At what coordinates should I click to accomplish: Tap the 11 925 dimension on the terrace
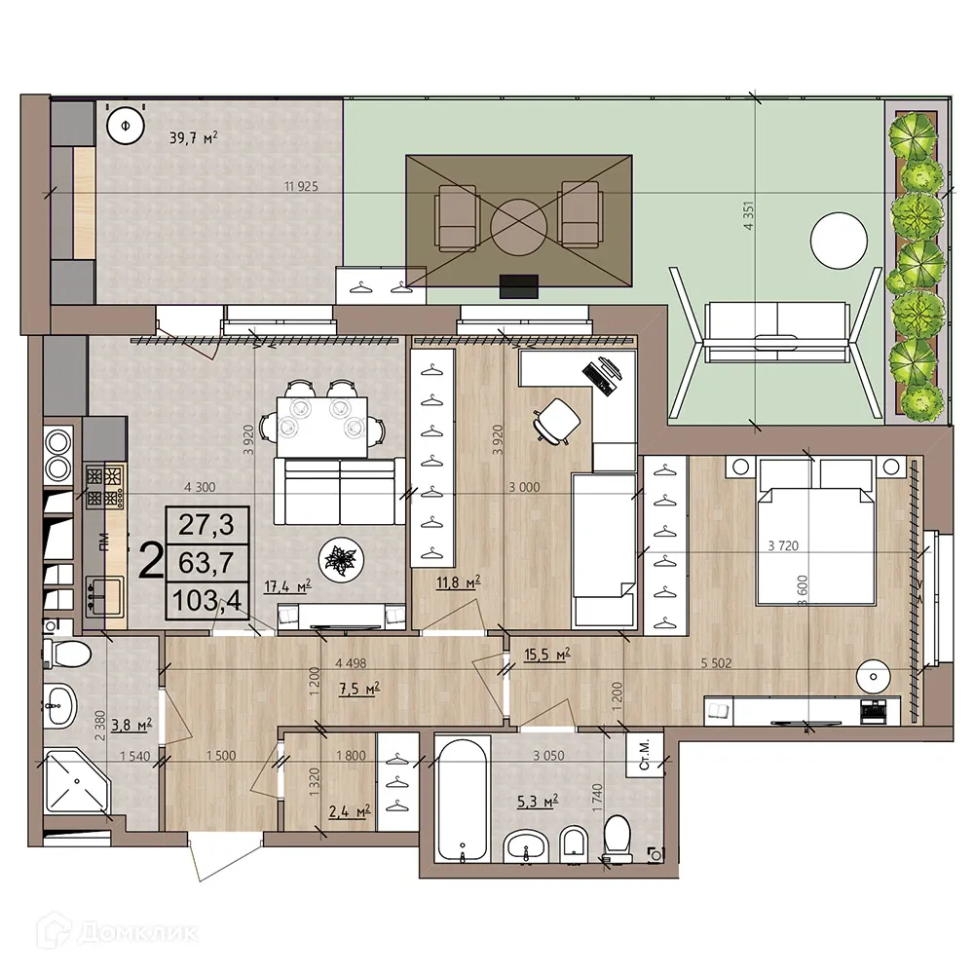coord(301,185)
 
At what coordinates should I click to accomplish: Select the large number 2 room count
coord(151,561)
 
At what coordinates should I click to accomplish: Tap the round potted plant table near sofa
coord(344,560)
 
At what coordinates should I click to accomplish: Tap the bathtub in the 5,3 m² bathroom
coord(457,800)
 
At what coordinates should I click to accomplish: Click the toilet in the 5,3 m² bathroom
coord(618,839)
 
